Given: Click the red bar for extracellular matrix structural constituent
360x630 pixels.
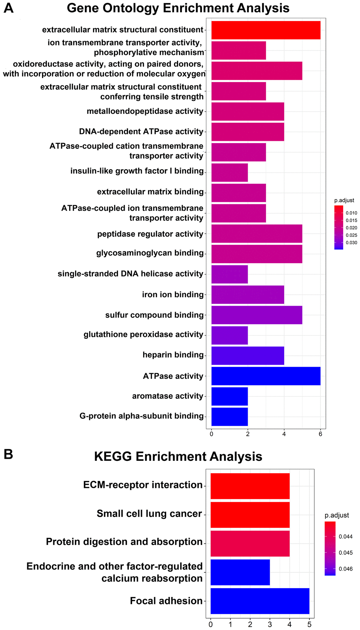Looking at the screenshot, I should [x=266, y=30].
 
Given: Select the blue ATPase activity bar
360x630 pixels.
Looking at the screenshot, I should [x=266, y=376].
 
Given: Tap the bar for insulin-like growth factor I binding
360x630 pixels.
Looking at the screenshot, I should [x=229, y=172].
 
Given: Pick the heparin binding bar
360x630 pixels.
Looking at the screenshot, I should [x=247, y=356].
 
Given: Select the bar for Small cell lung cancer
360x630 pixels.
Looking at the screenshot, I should [x=250, y=515].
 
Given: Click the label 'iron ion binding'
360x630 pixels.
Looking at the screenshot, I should [x=173, y=294].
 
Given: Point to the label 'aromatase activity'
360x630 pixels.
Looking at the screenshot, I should [x=168, y=396].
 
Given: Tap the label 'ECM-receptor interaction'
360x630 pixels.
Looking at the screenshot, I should [x=143, y=485].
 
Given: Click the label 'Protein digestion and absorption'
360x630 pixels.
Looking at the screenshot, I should [x=124, y=542].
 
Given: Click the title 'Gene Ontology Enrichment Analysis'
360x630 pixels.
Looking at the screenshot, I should [x=178, y=8].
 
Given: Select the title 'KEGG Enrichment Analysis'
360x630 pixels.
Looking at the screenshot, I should [x=178, y=456].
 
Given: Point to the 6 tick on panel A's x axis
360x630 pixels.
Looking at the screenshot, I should [x=320, y=434].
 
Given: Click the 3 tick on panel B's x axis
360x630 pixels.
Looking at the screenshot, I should [x=270, y=625].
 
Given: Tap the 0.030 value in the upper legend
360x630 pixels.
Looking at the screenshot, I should [x=351, y=243].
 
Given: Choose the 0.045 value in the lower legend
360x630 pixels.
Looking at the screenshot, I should [x=346, y=553].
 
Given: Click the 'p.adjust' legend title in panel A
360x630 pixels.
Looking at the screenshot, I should [x=344, y=200].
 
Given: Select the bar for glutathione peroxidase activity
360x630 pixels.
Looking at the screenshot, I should [x=229, y=335].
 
